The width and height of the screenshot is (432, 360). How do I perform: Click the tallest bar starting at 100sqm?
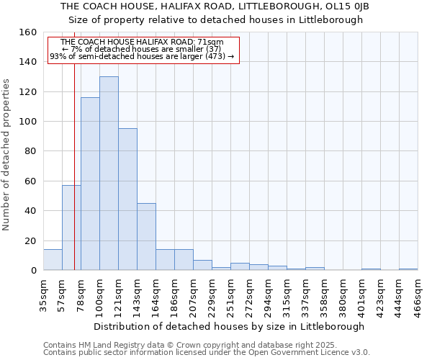coord(109,173)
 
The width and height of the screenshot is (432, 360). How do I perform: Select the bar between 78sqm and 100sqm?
coord(90,184)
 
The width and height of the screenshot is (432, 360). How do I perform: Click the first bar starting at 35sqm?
coord(53,260)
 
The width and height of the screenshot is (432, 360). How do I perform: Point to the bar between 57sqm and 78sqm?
coord(71,228)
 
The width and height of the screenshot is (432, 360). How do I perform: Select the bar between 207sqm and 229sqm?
coord(202,265)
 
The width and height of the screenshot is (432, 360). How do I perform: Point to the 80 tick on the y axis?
coord(31,151)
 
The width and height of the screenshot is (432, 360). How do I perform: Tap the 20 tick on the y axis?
coord(31,241)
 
